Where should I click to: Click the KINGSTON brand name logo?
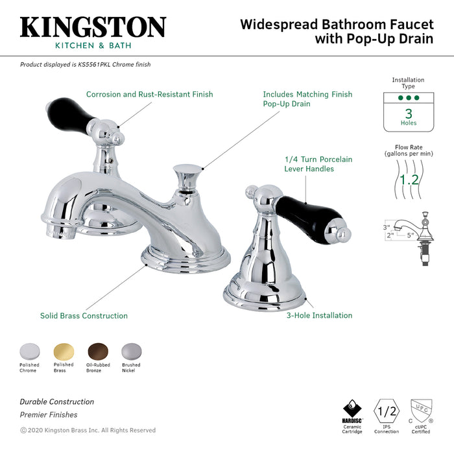(x=93, y=27)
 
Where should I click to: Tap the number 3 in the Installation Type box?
(x=408, y=112)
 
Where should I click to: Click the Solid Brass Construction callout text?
(x=84, y=316)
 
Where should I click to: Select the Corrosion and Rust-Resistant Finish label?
(x=149, y=95)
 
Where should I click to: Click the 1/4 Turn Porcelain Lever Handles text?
(x=318, y=164)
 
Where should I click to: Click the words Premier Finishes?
(x=48, y=414)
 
